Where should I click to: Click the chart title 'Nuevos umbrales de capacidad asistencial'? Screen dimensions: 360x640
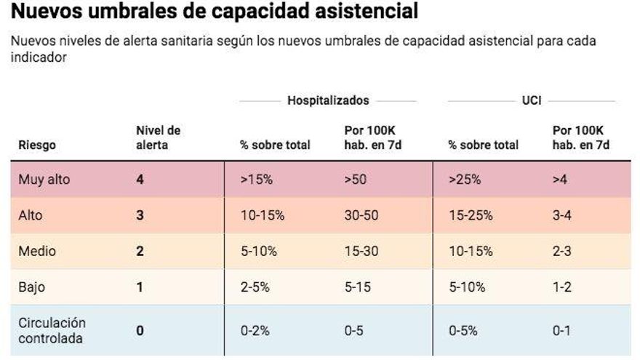215,12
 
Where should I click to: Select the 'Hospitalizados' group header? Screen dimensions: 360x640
328,100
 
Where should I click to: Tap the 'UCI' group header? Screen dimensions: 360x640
531,100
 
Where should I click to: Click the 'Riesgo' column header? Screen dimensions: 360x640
37,145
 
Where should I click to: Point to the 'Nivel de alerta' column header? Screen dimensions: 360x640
158,137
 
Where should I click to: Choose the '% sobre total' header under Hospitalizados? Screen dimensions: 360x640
275,145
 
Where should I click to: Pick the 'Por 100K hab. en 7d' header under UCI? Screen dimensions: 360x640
580,137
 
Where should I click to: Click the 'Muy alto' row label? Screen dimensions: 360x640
44,179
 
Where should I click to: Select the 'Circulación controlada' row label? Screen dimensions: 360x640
52,330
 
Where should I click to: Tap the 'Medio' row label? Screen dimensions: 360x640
37,251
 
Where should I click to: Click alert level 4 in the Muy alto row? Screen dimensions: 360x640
140,179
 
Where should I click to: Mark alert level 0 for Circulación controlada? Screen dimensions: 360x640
140,330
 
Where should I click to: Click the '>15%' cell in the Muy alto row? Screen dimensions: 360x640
256,179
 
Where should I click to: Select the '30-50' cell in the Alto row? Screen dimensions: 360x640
361,215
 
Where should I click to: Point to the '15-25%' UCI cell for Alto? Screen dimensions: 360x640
471,215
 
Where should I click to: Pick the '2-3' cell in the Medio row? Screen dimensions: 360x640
562,251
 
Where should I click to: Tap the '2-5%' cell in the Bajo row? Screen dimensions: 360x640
255,287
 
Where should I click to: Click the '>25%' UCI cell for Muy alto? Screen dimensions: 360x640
465,179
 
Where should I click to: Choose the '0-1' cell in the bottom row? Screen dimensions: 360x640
561,330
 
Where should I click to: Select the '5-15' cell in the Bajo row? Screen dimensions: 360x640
358,287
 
